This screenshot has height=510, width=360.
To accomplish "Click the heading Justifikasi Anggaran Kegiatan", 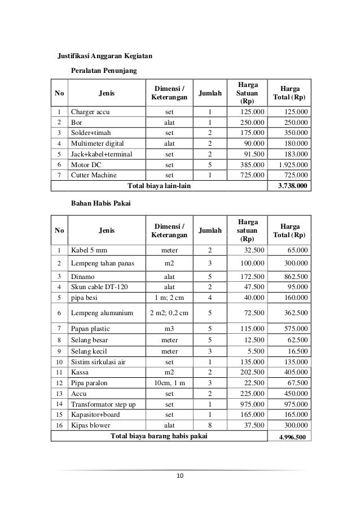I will (105, 56).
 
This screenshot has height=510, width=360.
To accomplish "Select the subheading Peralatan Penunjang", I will (105, 71).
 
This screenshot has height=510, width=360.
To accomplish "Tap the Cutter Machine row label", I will (93, 175).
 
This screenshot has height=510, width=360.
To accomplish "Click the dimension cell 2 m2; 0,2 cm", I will (169, 313).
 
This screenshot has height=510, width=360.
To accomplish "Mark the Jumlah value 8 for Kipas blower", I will (210, 425).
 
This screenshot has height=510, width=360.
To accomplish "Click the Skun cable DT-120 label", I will (99, 287).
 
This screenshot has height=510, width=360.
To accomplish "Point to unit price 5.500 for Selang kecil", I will (255, 350).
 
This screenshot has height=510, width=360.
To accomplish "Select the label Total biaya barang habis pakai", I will (159, 435).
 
